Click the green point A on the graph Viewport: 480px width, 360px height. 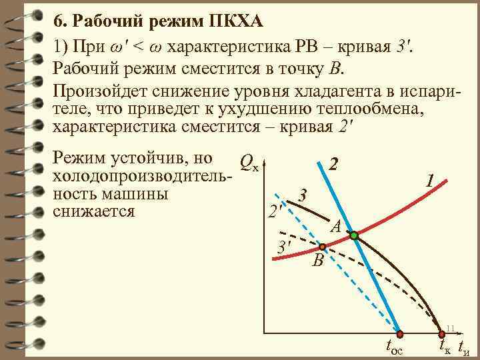pos(354,235)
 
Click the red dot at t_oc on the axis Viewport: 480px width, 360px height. pos(399,333)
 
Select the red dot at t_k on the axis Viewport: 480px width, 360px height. pos(441,333)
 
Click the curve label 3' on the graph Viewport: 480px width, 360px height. pos(285,248)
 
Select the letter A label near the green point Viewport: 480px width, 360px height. pos(337,226)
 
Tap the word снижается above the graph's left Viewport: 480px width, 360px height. pos(93,211)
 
